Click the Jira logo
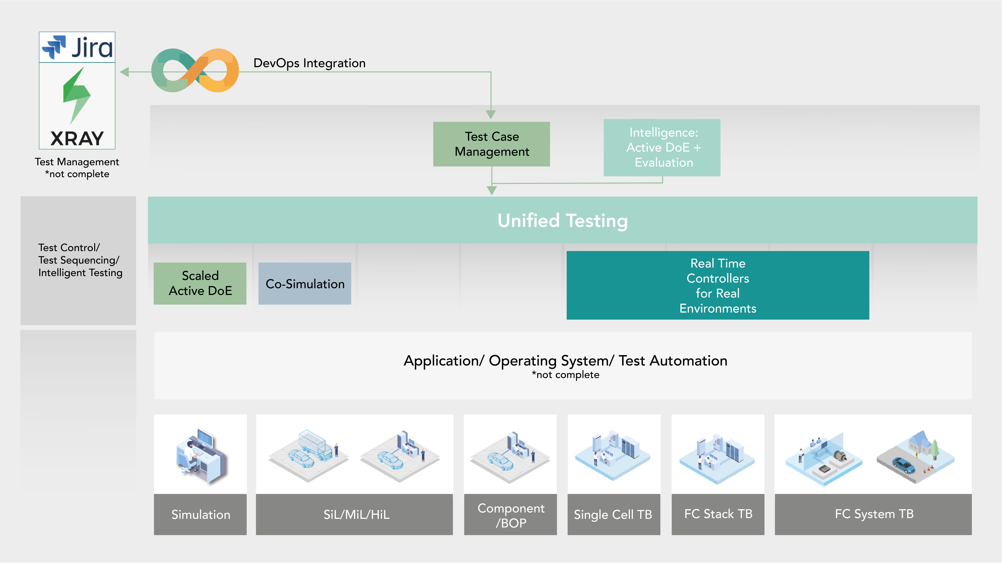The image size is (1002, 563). click(x=77, y=47)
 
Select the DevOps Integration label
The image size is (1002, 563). click(x=309, y=63)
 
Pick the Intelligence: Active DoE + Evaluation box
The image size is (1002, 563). click(x=662, y=148)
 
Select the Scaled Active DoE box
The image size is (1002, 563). click(x=200, y=283)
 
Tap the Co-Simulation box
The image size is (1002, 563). click(x=305, y=284)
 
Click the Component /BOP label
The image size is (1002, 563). click(x=510, y=515)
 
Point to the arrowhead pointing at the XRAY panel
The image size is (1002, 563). click(x=124, y=72)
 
